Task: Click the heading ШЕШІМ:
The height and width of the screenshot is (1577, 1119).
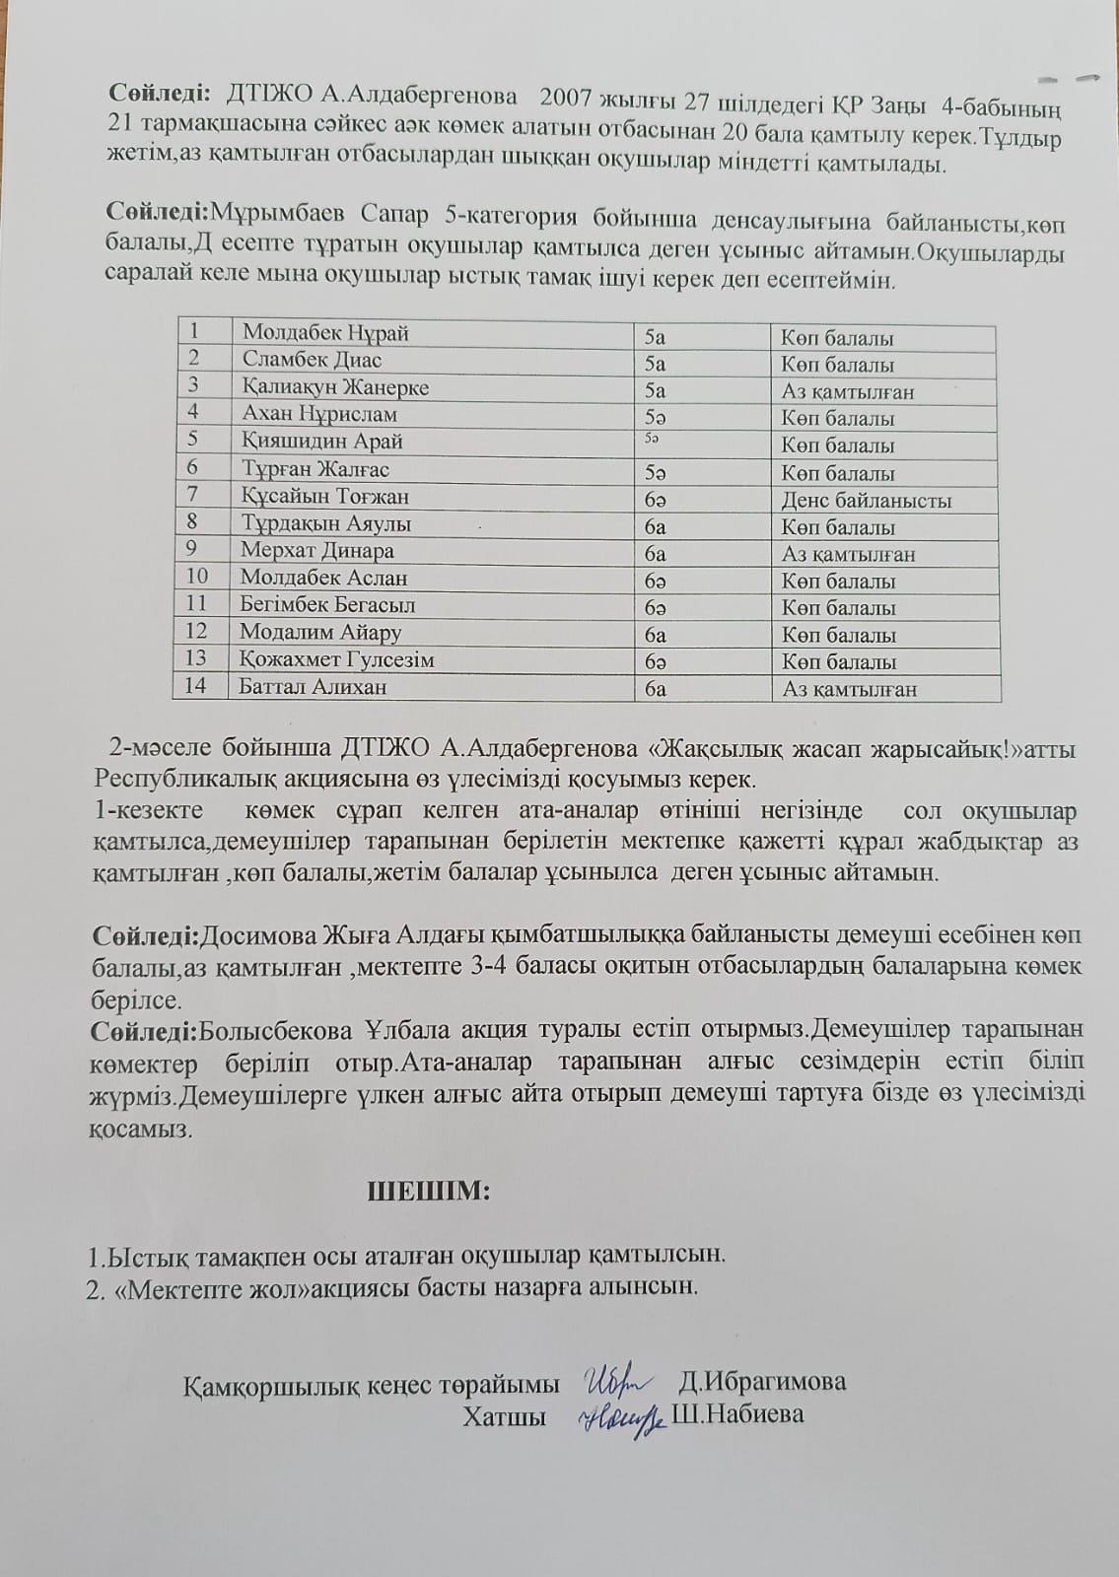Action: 428,1191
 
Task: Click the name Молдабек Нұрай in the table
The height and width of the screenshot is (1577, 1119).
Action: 325,333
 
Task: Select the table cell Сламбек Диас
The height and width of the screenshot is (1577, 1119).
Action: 312,360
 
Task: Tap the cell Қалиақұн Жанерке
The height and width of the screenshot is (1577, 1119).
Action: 335,387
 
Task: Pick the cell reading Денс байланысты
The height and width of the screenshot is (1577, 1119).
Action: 867,501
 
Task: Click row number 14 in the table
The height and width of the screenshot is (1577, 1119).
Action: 195,686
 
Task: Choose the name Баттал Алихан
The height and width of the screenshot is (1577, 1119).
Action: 313,687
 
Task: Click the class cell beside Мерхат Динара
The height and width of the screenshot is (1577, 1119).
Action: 656,554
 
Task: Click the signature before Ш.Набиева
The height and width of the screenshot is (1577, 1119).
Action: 621,1417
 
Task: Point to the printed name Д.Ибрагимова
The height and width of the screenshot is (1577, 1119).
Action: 762,1381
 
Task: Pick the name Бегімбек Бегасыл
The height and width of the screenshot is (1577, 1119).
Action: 327,605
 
